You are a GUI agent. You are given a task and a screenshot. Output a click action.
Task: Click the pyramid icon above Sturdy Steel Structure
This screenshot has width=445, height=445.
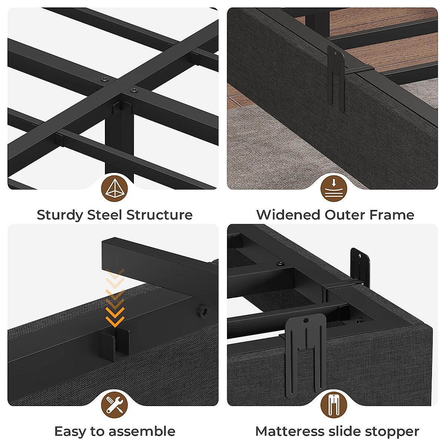click(115, 189)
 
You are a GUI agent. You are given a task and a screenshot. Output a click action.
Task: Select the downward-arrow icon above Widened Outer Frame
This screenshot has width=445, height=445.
click(334, 189)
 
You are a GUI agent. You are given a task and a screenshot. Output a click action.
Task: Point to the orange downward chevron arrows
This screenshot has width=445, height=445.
click(115, 297)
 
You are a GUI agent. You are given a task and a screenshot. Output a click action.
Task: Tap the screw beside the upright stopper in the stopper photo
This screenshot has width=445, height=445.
click(281, 264)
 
